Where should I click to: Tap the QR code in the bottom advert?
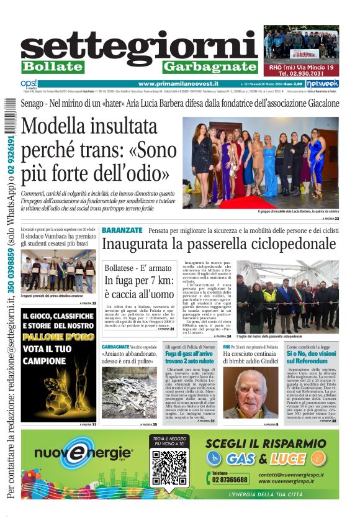(x=169, y=468)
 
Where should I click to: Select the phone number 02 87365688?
(x=230, y=480)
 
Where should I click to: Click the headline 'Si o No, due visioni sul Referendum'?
(x=312, y=356)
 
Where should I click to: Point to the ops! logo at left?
(x=29, y=84)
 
